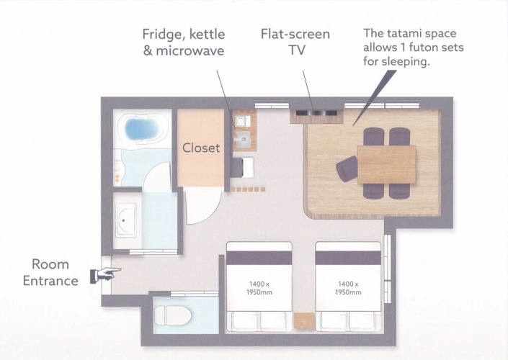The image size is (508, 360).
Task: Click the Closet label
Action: [x=201, y=148]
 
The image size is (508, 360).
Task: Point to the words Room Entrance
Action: [x=50, y=273]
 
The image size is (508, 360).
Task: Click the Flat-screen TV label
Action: [x=295, y=42]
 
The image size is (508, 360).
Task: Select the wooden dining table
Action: [x=386, y=164]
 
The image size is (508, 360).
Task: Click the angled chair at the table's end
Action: [x=347, y=168]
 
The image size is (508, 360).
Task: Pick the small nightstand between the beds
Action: [x=304, y=320]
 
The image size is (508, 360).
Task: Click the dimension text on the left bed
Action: [x=259, y=288]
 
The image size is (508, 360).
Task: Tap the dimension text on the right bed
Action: [x=348, y=288]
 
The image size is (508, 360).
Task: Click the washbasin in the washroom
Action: [x=125, y=220]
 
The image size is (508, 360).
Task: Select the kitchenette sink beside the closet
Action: [x=242, y=139]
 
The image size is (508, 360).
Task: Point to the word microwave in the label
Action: [x=190, y=51]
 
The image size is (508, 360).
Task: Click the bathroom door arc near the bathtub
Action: [x=157, y=177]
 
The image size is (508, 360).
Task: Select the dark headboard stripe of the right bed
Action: [x=348, y=258]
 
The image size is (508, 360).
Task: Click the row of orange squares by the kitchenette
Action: [x=248, y=189]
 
